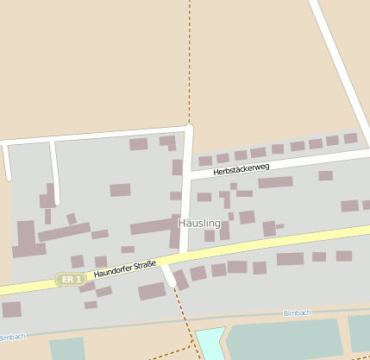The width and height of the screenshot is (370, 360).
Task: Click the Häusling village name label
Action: coord(198,224)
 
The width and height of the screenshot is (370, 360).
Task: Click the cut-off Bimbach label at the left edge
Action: coord(11,337)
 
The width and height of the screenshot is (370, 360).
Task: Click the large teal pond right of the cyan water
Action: coord(285,338)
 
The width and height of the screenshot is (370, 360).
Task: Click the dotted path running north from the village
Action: coord(189,60)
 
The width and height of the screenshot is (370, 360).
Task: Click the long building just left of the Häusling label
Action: coord(154,227)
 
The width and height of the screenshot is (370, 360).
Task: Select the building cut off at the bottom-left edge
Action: coord(11,309)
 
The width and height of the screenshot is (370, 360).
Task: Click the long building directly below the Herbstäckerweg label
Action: coord(275,182)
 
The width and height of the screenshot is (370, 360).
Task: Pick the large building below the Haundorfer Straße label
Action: coord(152,291)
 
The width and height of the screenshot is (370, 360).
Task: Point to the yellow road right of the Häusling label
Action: coord(285,241)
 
